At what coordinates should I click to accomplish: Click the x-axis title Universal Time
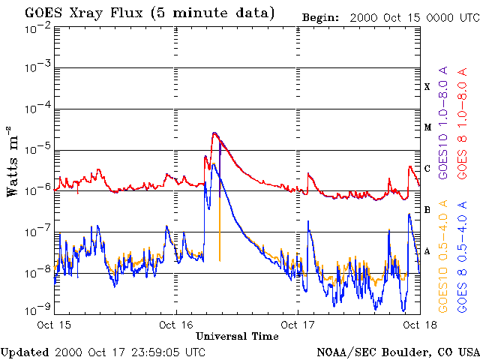pos(237,336)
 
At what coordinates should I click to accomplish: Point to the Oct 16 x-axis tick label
pos(175,325)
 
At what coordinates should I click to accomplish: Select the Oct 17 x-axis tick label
pos(297,325)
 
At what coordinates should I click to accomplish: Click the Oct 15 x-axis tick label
pos(54,325)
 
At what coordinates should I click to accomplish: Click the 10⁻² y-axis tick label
pos(37,28)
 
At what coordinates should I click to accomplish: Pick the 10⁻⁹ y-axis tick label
pos(37,309)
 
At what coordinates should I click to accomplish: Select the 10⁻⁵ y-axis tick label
pos(37,148)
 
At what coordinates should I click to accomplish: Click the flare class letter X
pos(427,87)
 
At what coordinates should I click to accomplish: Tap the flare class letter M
pos(427,127)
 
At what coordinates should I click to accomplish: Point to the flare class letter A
pos(427,250)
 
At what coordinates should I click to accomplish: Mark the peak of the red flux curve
pos(214,133)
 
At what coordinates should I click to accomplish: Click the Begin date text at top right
pos(390,16)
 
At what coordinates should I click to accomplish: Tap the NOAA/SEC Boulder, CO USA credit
pos(397,351)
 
